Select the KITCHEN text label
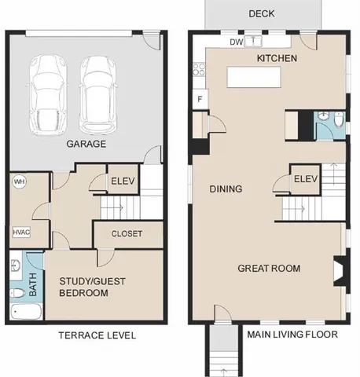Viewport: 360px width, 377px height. coord(276,59)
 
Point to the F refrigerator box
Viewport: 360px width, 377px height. coord(200,99)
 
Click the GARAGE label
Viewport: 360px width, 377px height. coord(86,145)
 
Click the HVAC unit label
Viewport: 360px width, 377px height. coord(21,233)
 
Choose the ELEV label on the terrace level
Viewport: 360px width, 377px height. coord(123,180)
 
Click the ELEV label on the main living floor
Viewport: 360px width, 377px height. coord(306,179)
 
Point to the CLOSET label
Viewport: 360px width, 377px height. coord(127,233)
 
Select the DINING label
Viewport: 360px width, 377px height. coord(226,189)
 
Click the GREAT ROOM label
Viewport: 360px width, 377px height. coord(270,269)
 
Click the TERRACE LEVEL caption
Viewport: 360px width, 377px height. coord(98,335)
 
